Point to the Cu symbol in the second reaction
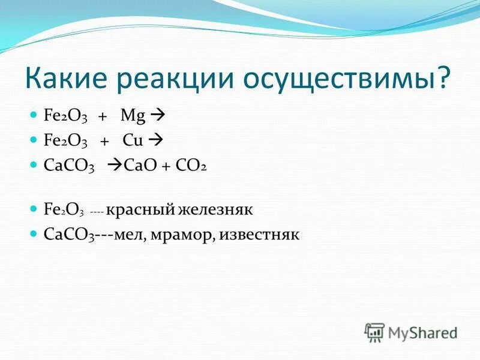(131, 140)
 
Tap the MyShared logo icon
(374, 332)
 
